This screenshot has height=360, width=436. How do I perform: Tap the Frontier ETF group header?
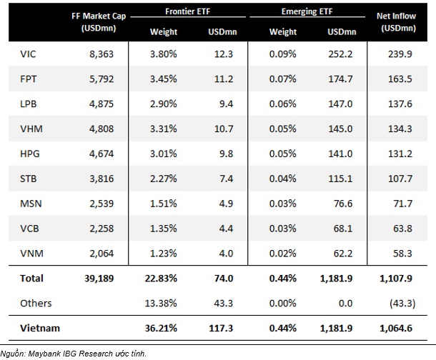point(186,12)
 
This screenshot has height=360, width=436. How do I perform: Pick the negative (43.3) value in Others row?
point(401,303)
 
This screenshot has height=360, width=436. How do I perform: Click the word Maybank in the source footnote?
point(54,353)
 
